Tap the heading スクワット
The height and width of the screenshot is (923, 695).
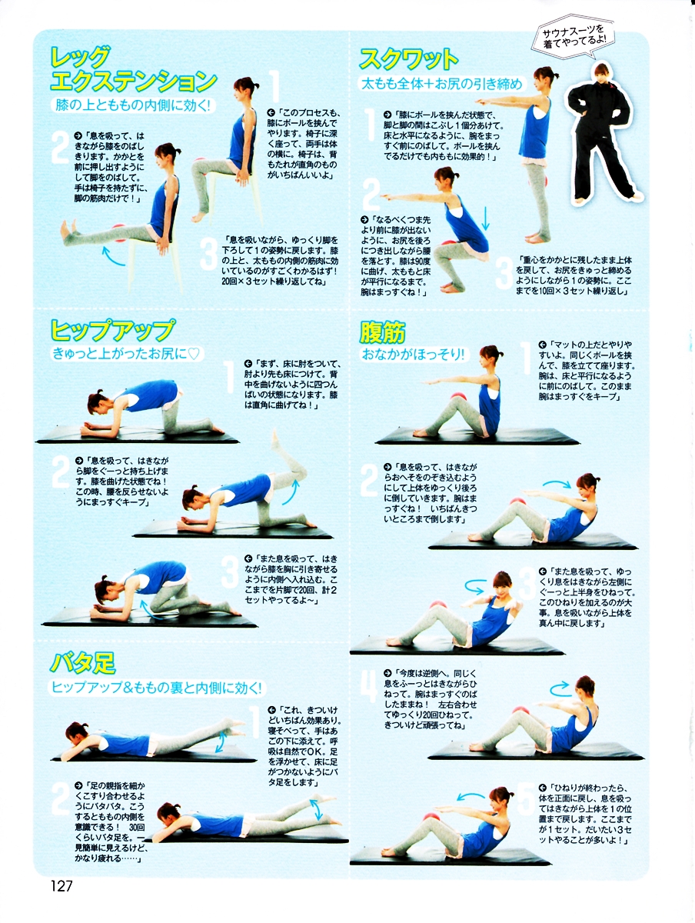(x=408, y=59)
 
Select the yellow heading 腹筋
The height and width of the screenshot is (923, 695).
(x=382, y=333)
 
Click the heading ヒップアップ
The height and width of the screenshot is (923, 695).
(x=112, y=330)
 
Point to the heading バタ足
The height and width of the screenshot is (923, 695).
(x=83, y=663)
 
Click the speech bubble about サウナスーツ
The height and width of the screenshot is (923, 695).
(x=573, y=37)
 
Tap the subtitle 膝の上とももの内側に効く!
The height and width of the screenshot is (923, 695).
(x=133, y=105)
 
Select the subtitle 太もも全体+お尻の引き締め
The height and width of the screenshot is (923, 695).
(x=442, y=84)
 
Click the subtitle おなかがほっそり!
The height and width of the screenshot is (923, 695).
(x=414, y=355)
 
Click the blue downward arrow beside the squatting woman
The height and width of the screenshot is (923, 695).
(x=485, y=218)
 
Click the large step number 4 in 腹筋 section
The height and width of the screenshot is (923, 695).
(x=369, y=686)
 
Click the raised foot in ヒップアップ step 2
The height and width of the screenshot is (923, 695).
(x=274, y=440)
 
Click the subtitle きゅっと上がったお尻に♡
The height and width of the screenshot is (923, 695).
(x=126, y=354)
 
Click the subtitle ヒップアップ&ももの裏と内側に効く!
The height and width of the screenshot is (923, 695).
(x=156, y=688)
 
